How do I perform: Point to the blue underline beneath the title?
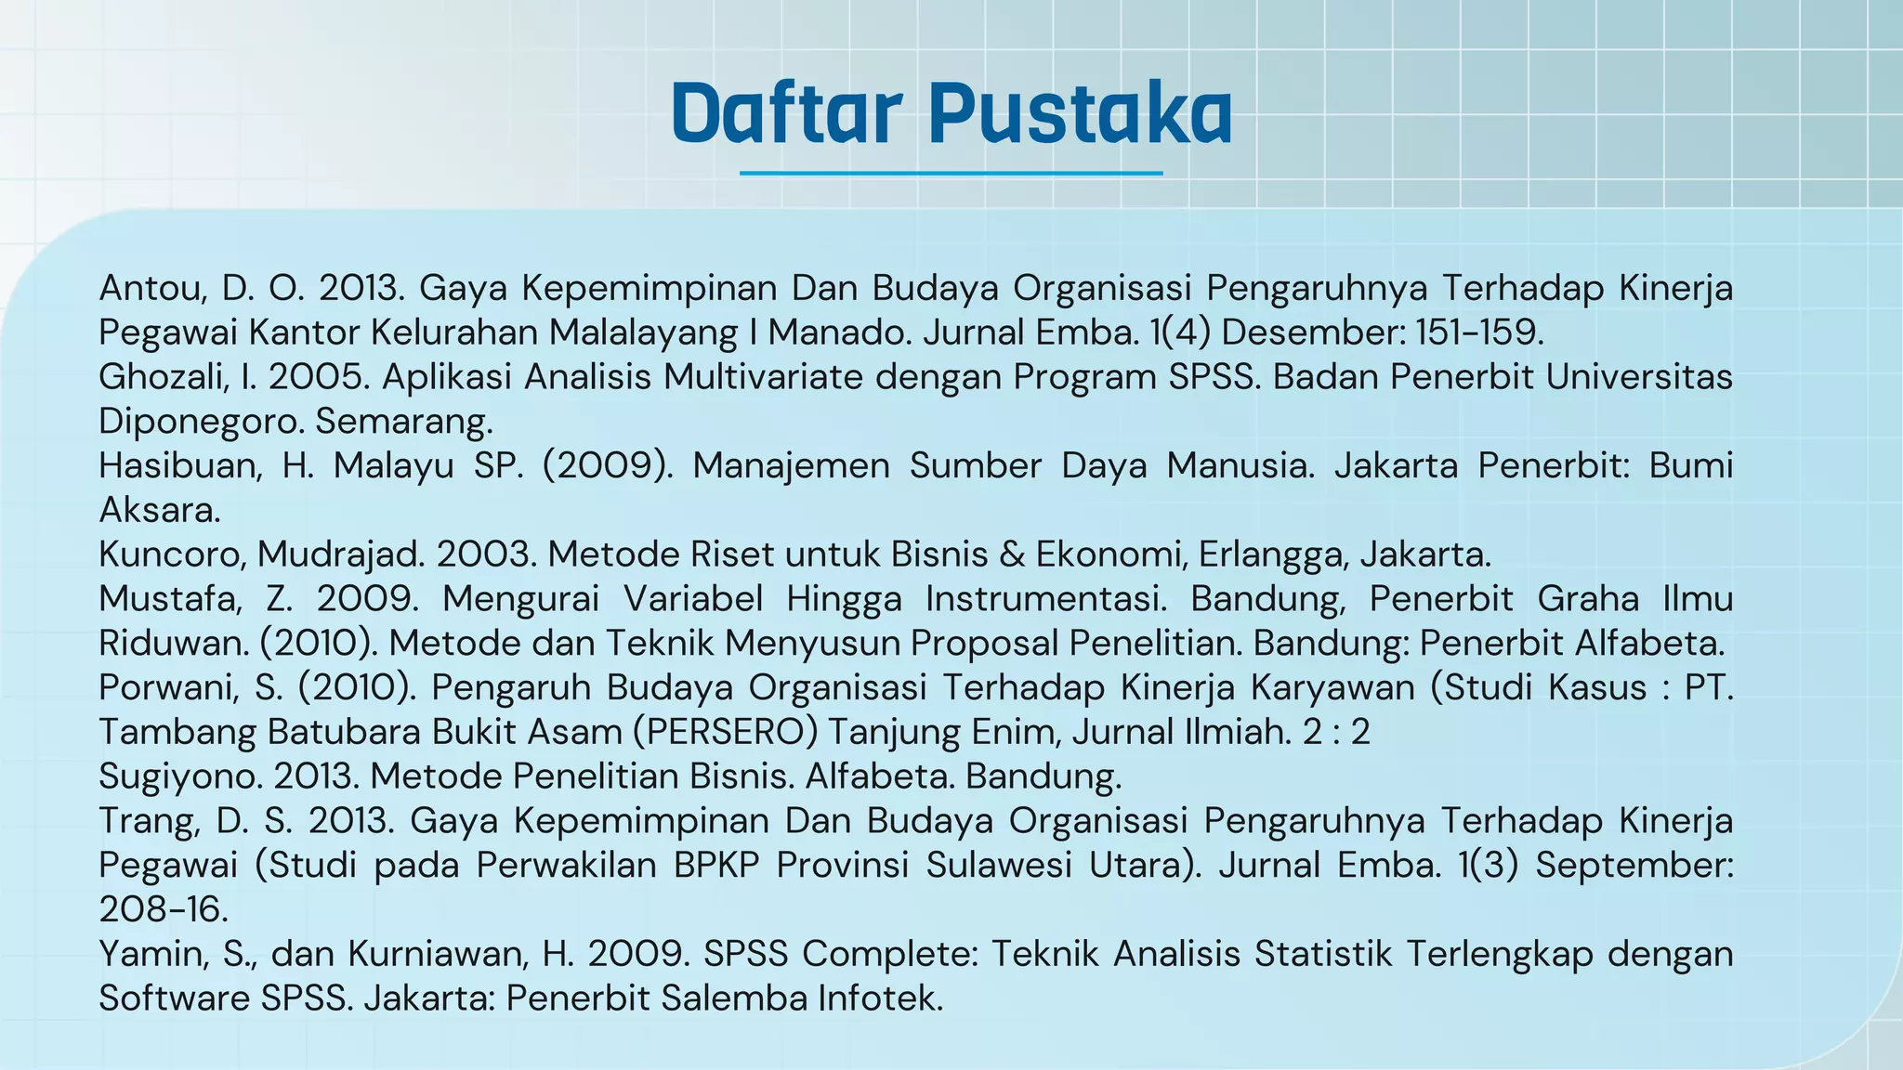click(x=951, y=173)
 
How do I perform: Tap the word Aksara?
click(x=160, y=510)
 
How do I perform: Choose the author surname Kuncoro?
click(x=172, y=555)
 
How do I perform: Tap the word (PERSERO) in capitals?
click(x=725, y=732)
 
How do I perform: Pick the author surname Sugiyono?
click(x=180, y=776)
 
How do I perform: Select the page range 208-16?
click(x=164, y=909)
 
